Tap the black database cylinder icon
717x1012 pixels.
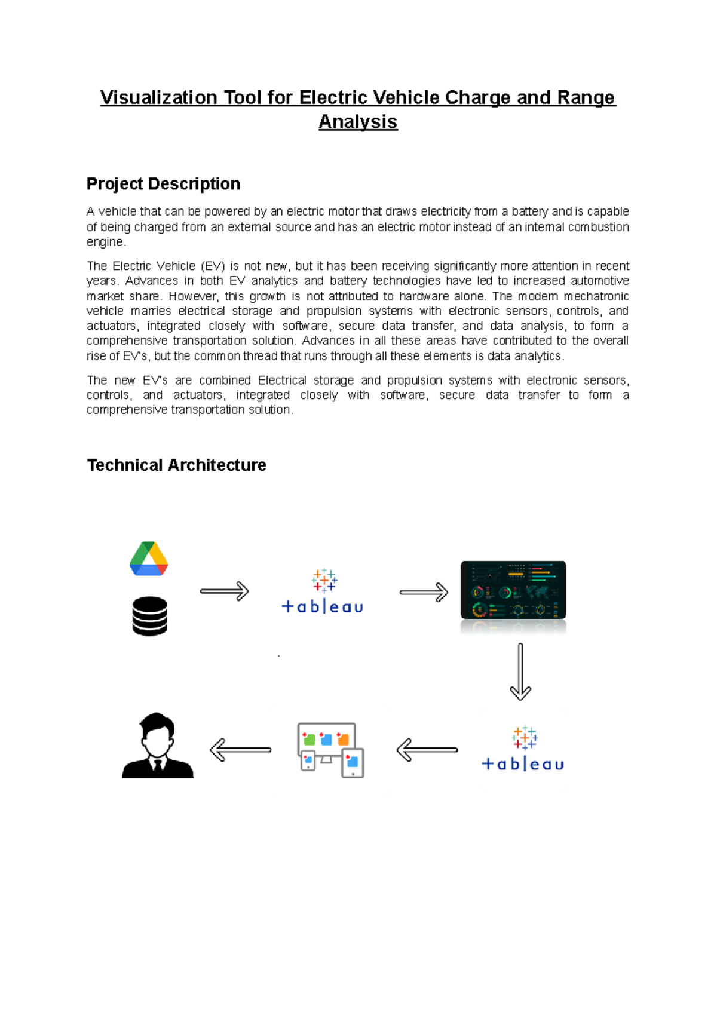pos(149,616)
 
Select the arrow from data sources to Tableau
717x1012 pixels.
pos(224,591)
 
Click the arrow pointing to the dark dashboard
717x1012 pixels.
pos(424,592)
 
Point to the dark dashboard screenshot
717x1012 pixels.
pos(513,590)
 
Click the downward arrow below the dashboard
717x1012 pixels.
pos(520,671)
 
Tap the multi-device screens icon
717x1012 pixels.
pos(330,750)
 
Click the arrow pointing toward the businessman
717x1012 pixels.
pos(240,750)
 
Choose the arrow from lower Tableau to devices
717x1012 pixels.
pos(427,750)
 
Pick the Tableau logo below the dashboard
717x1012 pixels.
pos(523,749)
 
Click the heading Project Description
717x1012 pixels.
pos(163,184)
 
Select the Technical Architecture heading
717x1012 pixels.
pos(176,465)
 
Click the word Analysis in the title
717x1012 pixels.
pos(358,122)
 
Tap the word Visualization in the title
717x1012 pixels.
pos(158,97)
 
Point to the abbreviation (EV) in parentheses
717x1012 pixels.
pos(212,266)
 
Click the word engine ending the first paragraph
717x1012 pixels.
pos(105,242)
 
